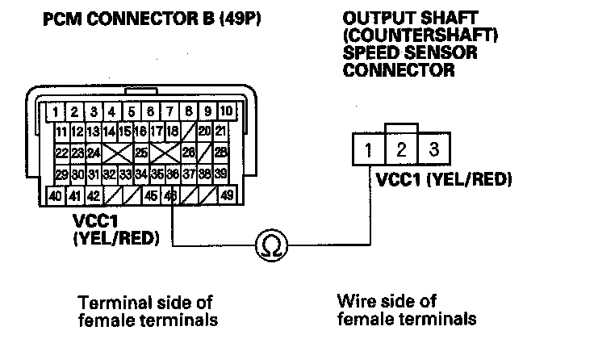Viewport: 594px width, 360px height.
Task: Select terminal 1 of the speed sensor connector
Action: [x=367, y=149]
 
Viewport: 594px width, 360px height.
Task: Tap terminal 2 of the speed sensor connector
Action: [x=401, y=149]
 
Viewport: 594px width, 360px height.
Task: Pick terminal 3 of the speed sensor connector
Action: [x=433, y=149]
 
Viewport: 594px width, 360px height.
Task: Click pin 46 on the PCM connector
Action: [x=170, y=195]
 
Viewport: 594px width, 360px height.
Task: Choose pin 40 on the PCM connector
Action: [x=55, y=195]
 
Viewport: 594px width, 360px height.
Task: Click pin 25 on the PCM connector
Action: [x=142, y=152]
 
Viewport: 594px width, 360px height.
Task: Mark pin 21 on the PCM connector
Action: [x=221, y=131]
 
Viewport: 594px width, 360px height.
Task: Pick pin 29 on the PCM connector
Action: [x=61, y=174]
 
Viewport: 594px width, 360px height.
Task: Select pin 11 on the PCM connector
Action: [x=61, y=131]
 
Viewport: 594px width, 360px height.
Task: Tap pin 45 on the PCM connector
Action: [x=151, y=195]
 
